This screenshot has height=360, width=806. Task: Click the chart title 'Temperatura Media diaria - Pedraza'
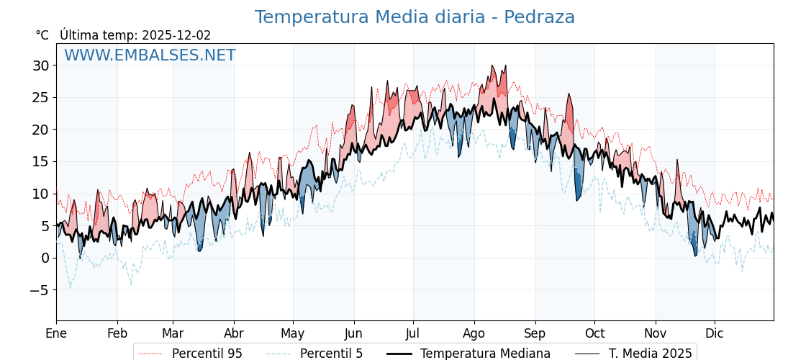pyautogui.click(x=415, y=17)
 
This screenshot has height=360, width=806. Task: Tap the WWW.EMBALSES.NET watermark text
pyautogui.click(x=150, y=55)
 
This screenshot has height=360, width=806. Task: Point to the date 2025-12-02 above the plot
pyautogui.click(x=176, y=35)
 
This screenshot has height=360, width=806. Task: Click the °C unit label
pyautogui.click(x=42, y=35)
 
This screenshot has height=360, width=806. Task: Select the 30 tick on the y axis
pyautogui.click(x=40, y=66)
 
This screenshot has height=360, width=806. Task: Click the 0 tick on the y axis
pyautogui.click(x=45, y=258)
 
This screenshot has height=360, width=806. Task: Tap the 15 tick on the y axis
pyautogui.click(x=40, y=162)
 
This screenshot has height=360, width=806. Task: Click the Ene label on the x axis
pyautogui.click(x=56, y=334)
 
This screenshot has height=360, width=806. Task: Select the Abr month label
pyautogui.click(x=234, y=334)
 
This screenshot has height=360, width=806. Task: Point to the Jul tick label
pyautogui.click(x=413, y=334)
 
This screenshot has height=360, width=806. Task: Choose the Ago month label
pyautogui.click(x=474, y=334)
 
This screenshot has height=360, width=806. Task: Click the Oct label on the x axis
pyautogui.click(x=594, y=334)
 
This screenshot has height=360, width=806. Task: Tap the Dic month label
pyautogui.click(x=715, y=334)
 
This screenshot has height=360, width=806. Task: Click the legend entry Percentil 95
pyautogui.click(x=207, y=354)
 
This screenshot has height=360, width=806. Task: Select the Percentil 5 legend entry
pyautogui.click(x=331, y=354)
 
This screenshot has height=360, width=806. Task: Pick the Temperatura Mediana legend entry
pyautogui.click(x=485, y=354)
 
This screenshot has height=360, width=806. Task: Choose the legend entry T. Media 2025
pyautogui.click(x=650, y=354)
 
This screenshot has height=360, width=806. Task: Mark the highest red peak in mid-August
pyautogui.click(x=493, y=66)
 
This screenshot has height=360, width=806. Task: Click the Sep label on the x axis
pyautogui.click(x=535, y=334)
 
